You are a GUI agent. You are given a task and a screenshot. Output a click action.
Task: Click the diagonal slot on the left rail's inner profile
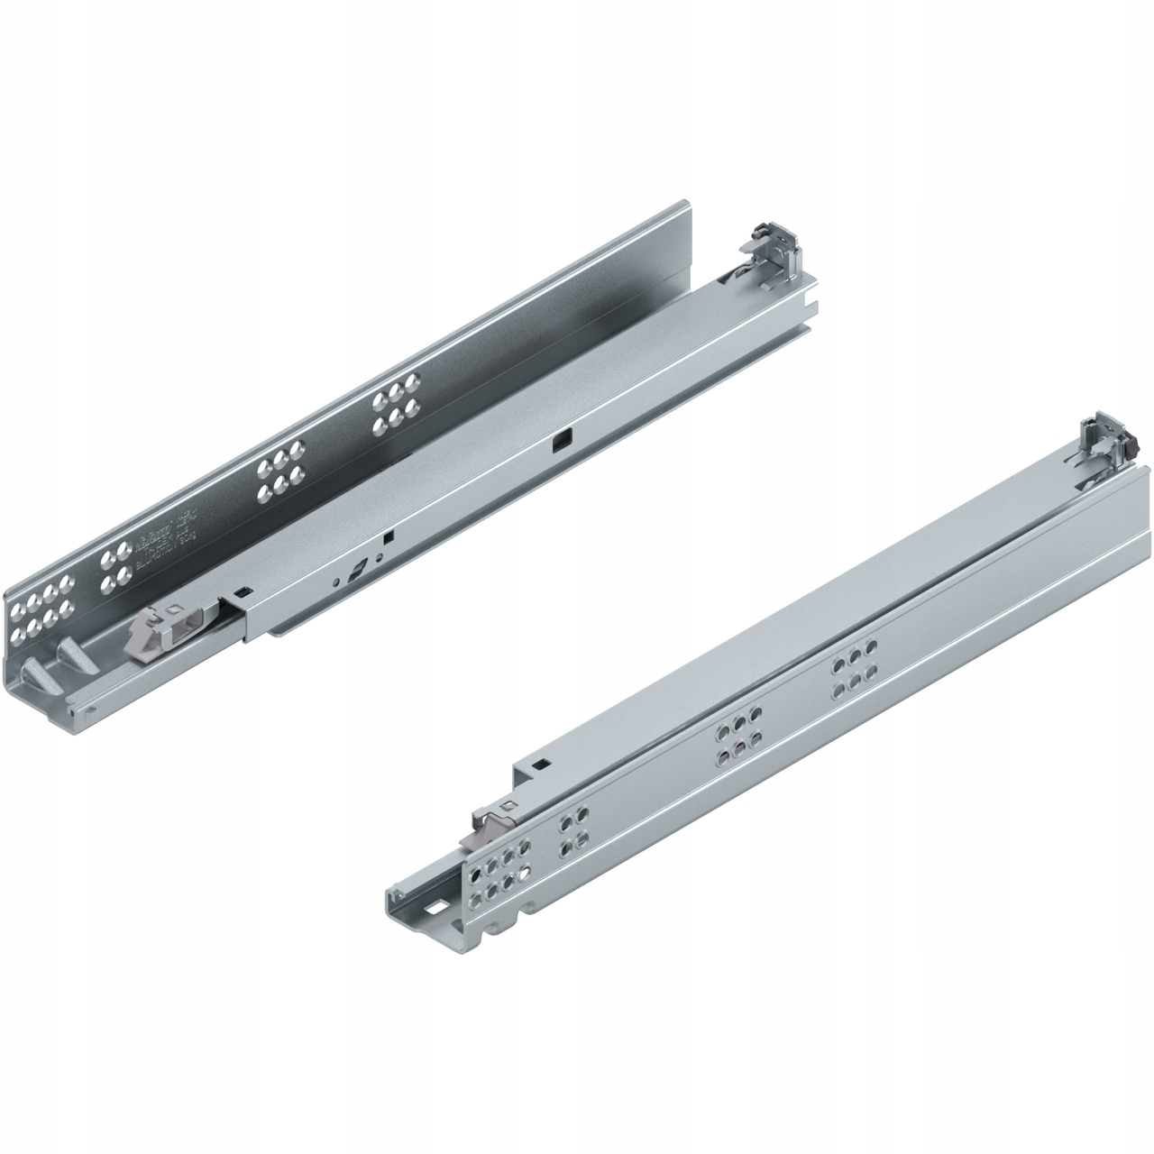(360, 570)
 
